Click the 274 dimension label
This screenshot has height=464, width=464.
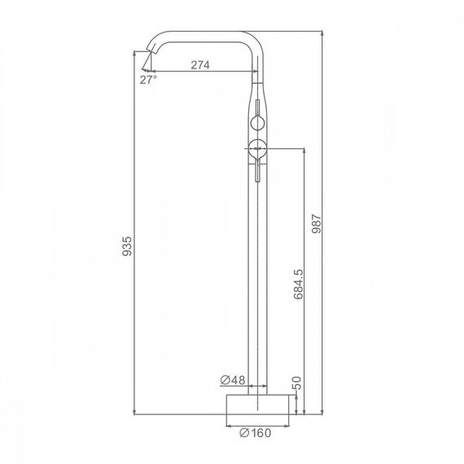(x=200, y=65)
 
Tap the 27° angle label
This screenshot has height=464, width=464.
(x=148, y=80)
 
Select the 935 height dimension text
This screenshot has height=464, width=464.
(x=127, y=246)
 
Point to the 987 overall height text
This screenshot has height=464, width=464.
(x=317, y=224)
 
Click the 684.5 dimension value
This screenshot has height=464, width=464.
(x=299, y=284)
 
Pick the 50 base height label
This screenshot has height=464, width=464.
(x=296, y=383)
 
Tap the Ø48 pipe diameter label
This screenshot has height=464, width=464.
(x=233, y=380)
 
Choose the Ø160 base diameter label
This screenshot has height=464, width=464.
(x=255, y=433)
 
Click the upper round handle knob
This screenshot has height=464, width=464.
(x=257, y=123)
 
